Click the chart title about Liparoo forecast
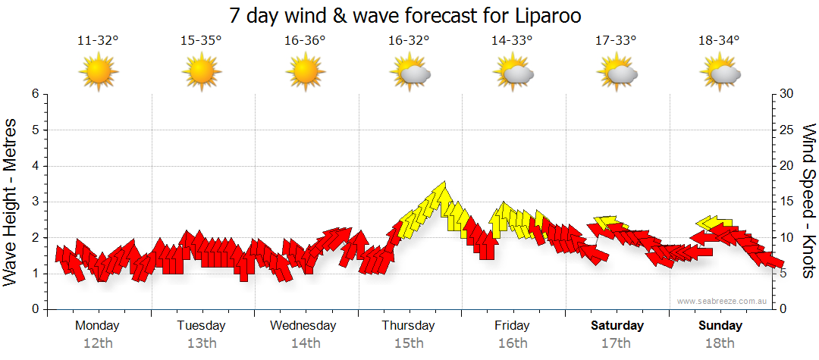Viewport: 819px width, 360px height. tap(409, 15)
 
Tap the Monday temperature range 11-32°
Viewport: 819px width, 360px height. tap(98, 40)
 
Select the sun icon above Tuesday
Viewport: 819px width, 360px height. tap(201, 72)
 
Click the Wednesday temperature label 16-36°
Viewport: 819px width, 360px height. tap(305, 40)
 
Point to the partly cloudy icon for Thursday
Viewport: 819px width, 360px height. tap(409, 73)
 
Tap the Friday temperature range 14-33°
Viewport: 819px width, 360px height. tap(512, 40)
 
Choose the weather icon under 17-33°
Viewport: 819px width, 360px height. tap(617, 73)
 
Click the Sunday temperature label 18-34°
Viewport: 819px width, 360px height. tap(719, 40)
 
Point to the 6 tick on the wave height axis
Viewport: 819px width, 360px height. tap(35, 94)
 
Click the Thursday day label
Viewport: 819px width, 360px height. tap(408, 326)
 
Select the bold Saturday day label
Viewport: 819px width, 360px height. tap(617, 326)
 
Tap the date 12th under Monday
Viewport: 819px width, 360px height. tap(98, 343)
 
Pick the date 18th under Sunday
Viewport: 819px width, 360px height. tap(720, 343)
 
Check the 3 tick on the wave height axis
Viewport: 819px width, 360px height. tap(35, 202)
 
